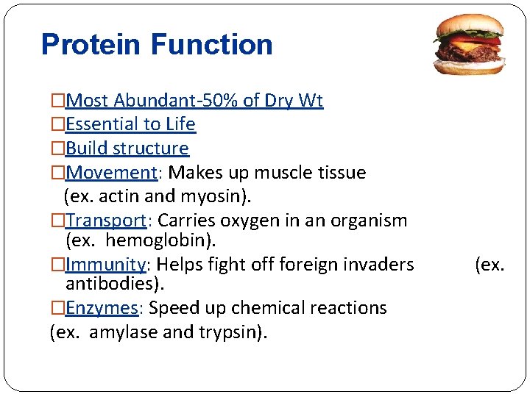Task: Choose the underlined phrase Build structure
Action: click(127, 149)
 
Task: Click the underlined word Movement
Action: click(109, 173)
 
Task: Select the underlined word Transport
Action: click(107, 221)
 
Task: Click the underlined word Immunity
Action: click(105, 264)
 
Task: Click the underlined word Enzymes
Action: click(102, 307)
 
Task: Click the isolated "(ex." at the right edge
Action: click(490, 264)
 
